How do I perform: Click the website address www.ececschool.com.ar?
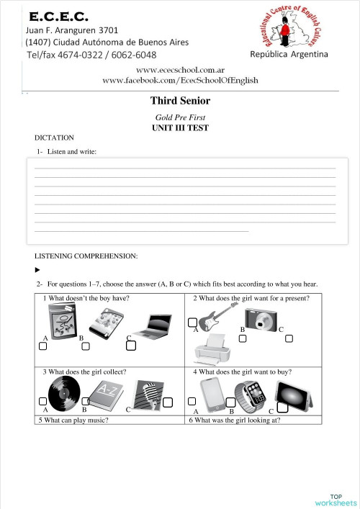tap(180, 70)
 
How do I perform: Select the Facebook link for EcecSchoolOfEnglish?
tap(180, 81)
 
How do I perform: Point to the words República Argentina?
tap(289, 54)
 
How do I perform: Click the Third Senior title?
tap(180, 101)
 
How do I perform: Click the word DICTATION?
tap(54, 138)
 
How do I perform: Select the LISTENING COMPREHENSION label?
tap(86, 256)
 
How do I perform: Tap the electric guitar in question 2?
tap(217, 316)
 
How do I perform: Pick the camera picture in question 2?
tap(261, 317)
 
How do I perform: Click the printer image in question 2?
tap(212, 349)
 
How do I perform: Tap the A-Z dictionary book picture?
tap(106, 392)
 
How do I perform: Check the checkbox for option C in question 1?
tap(131, 346)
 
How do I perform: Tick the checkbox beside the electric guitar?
tap(192, 322)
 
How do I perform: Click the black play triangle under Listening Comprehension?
tap(37, 271)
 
